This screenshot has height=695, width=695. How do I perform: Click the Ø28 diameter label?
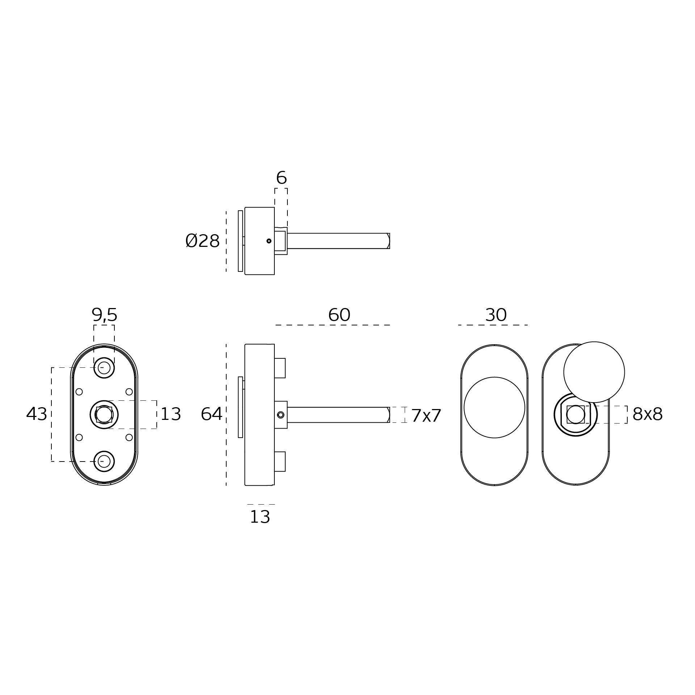click(x=202, y=241)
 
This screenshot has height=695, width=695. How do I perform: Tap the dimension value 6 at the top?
click(x=281, y=178)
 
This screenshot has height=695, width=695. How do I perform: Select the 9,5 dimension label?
click(x=104, y=315)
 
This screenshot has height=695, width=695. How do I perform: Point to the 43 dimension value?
click(x=37, y=414)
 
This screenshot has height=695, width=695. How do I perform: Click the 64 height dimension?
click(x=211, y=414)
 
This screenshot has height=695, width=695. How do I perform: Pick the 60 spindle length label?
click(x=339, y=315)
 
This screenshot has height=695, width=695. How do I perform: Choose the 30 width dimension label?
click(x=496, y=315)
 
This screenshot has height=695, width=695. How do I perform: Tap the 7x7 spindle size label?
click(x=426, y=416)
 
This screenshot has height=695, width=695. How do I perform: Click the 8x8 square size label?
click(x=647, y=414)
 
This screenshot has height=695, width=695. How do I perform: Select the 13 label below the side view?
click(x=260, y=517)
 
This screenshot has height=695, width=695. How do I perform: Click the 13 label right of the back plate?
click(x=170, y=414)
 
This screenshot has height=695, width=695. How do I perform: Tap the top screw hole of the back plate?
click(x=104, y=368)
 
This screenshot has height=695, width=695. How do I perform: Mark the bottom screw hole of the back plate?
click(x=104, y=461)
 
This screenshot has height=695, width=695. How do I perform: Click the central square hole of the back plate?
click(x=104, y=414)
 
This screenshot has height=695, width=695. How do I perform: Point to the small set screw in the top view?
click(x=269, y=241)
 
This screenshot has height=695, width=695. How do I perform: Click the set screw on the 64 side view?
click(x=281, y=415)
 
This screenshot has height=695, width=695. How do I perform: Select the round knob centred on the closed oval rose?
click(x=494, y=407)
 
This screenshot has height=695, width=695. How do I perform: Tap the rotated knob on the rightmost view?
click(x=594, y=372)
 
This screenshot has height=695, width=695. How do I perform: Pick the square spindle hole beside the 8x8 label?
click(x=575, y=414)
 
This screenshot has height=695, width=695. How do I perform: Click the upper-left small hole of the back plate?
click(x=79, y=392)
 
